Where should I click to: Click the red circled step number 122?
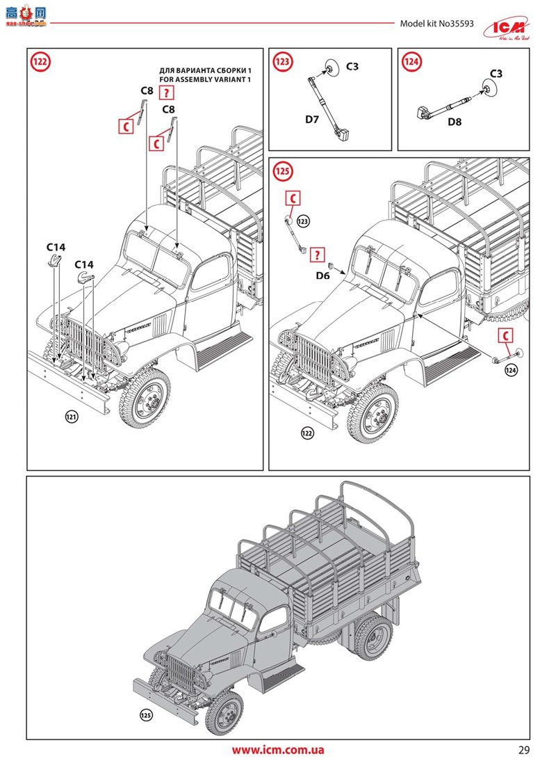41,62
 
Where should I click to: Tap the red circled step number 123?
282,62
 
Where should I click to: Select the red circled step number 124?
411,62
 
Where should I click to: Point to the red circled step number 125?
282,171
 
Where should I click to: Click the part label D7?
312,119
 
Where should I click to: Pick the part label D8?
455,122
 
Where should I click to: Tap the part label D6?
322,276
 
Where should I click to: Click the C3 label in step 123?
352,67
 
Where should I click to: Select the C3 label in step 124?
496,73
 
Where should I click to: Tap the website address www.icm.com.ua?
278,750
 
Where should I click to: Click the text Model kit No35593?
436,23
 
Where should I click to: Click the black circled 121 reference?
71,417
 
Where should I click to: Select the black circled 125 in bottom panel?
146,715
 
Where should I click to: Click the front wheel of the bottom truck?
224,712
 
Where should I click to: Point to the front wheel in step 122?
145,399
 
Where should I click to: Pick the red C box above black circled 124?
506,336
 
